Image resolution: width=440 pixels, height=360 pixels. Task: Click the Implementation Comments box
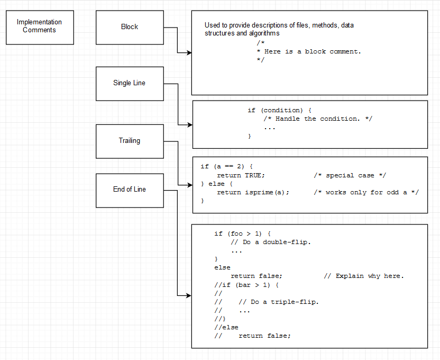(x=40, y=27)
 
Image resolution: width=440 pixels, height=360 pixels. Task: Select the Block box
(x=130, y=27)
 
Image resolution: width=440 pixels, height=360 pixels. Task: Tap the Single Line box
(x=130, y=83)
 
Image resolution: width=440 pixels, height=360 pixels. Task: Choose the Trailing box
(x=130, y=141)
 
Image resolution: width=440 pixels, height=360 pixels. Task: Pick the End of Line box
(x=130, y=190)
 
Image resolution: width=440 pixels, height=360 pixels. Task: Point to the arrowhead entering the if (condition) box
(x=189, y=125)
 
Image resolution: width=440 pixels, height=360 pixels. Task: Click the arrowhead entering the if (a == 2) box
(x=189, y=185)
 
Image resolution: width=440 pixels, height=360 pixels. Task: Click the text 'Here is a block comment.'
(x=312, y=52)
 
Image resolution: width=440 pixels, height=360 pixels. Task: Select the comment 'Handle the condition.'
(x=318, y=119)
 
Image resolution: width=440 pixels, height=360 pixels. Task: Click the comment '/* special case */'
(x=351, y=176)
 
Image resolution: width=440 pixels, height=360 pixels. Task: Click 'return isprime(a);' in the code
(x=253, y=193)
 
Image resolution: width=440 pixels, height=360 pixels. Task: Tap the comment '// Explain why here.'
(x=363, y=276)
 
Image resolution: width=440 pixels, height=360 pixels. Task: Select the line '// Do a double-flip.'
(x=271, y=242)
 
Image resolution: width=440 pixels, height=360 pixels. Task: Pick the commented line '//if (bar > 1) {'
(x=246, y=285)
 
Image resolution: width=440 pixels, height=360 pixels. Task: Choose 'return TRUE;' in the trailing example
(x=241, y=176)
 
